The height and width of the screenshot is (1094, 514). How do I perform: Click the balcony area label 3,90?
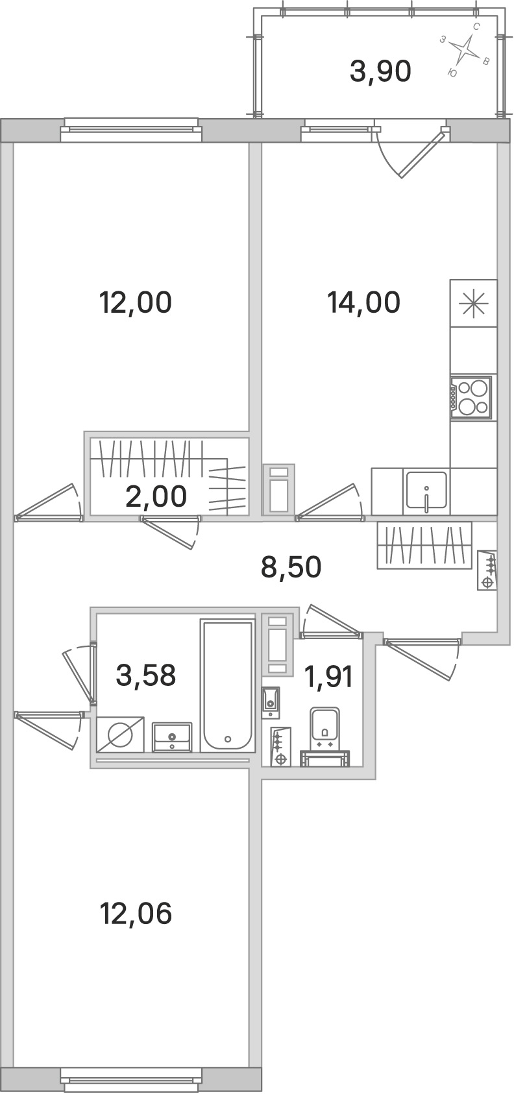(380, 72)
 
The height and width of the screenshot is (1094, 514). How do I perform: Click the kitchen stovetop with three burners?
(471, 397)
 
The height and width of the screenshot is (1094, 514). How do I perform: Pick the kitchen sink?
(426, 490)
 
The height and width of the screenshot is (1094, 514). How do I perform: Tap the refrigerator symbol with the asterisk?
(474, 303)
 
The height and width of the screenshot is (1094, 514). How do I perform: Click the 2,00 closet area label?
(156, 496)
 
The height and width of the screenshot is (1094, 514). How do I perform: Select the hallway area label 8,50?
(291, 567)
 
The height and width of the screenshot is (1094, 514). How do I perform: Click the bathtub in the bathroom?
(228, 685)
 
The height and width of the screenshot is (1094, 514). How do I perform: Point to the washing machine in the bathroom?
(120, 734)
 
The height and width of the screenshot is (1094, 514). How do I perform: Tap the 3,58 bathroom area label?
(146, 675)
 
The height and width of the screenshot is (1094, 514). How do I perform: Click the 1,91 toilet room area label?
(328, 677)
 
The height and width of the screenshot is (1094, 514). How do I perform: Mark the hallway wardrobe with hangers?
(424, 545)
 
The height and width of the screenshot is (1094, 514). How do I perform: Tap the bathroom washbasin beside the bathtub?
(171, 738)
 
